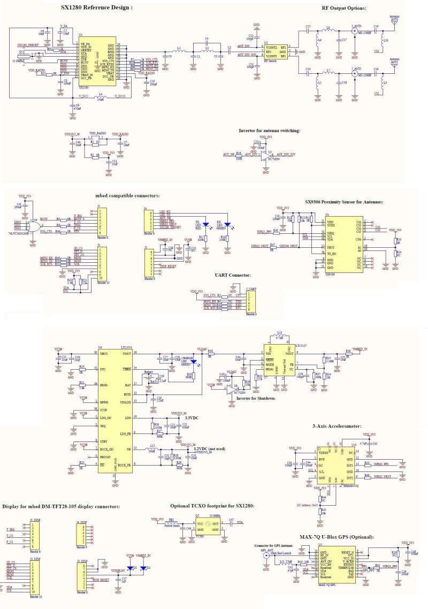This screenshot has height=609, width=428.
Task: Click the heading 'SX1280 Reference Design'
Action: pyautogui.click(x=96, y=7)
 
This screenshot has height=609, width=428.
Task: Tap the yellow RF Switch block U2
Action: pyautogui.click(x=276, y=52)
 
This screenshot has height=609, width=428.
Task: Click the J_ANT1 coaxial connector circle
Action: pyautogui.click(x=354, y=75)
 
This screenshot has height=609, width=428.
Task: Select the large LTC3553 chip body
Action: pyautogui.click(x=114, y=409)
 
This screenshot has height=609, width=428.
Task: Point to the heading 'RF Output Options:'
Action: pyautogui.click(x=344, y=8)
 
